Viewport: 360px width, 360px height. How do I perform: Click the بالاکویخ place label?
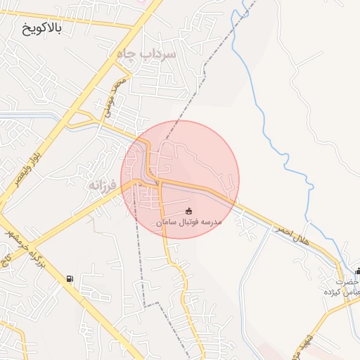tap(43, 29)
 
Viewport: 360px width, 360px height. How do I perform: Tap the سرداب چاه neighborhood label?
tap(149, 53)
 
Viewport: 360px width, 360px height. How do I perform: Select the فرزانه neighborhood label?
tap(103, 184)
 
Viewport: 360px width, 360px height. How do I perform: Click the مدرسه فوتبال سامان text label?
tap(188, 222)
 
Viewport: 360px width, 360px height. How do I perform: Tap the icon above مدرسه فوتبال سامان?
tap(188, 211)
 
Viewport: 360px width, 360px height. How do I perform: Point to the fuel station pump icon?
tap(69, 279)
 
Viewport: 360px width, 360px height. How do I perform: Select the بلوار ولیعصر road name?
tap(27, 166)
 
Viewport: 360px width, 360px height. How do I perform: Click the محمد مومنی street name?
tap(117, 94)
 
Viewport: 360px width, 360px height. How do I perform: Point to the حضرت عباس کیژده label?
tap(342, 287)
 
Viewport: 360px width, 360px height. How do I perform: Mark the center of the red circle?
tap(180, 180)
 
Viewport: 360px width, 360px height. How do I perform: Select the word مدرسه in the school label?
tap(211, 222)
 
